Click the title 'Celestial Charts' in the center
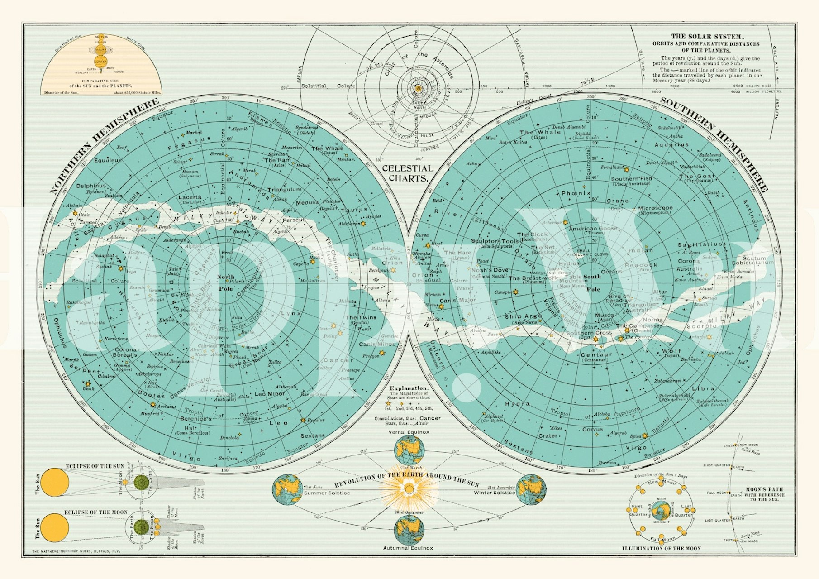coord(408,173)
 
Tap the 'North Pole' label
coord(226,282)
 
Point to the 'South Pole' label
coord(593,283)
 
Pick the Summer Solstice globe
coord(287,490)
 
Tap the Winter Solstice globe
coord(531,490)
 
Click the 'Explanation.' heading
coord(409,388)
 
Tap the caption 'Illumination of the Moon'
coord(661,548)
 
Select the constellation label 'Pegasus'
coord(190,143)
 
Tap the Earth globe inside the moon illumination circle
coord(661,511)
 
